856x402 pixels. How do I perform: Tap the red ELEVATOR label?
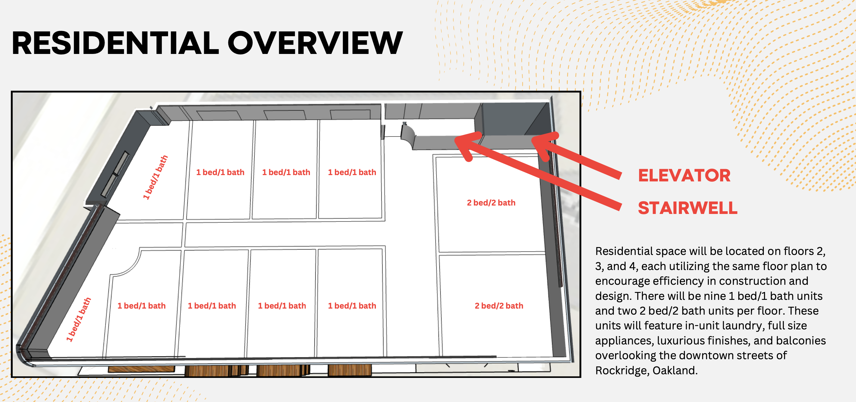684,176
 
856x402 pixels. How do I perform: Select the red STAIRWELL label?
688,208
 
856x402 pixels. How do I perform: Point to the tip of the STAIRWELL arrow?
455,139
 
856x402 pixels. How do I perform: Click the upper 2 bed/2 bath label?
491,203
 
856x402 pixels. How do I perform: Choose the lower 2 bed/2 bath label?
499,306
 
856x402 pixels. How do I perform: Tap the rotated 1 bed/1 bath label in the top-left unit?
155,177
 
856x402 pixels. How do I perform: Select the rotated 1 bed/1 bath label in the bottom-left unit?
78,319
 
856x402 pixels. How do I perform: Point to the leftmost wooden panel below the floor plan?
141,369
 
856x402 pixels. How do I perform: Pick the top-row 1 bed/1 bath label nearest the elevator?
352,172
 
